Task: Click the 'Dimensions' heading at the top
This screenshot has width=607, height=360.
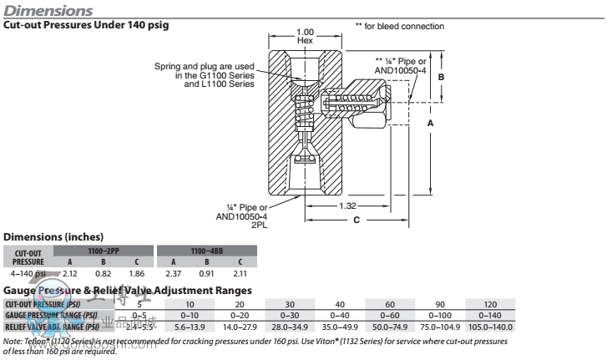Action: [48, 10]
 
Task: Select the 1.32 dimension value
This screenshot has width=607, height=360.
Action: [346, 205]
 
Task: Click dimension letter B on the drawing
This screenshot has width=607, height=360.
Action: [442, 77]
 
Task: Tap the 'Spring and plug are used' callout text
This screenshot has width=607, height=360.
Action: [209, 65]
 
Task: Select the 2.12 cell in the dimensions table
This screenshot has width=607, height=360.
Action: [69, 273]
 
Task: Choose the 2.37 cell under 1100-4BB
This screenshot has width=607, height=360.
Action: [174, 273]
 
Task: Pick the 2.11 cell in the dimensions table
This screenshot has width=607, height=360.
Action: [239, 273]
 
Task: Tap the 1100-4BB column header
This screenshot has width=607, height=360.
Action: [206, 250]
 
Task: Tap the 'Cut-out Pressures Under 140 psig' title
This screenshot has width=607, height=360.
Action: [87, 26]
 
